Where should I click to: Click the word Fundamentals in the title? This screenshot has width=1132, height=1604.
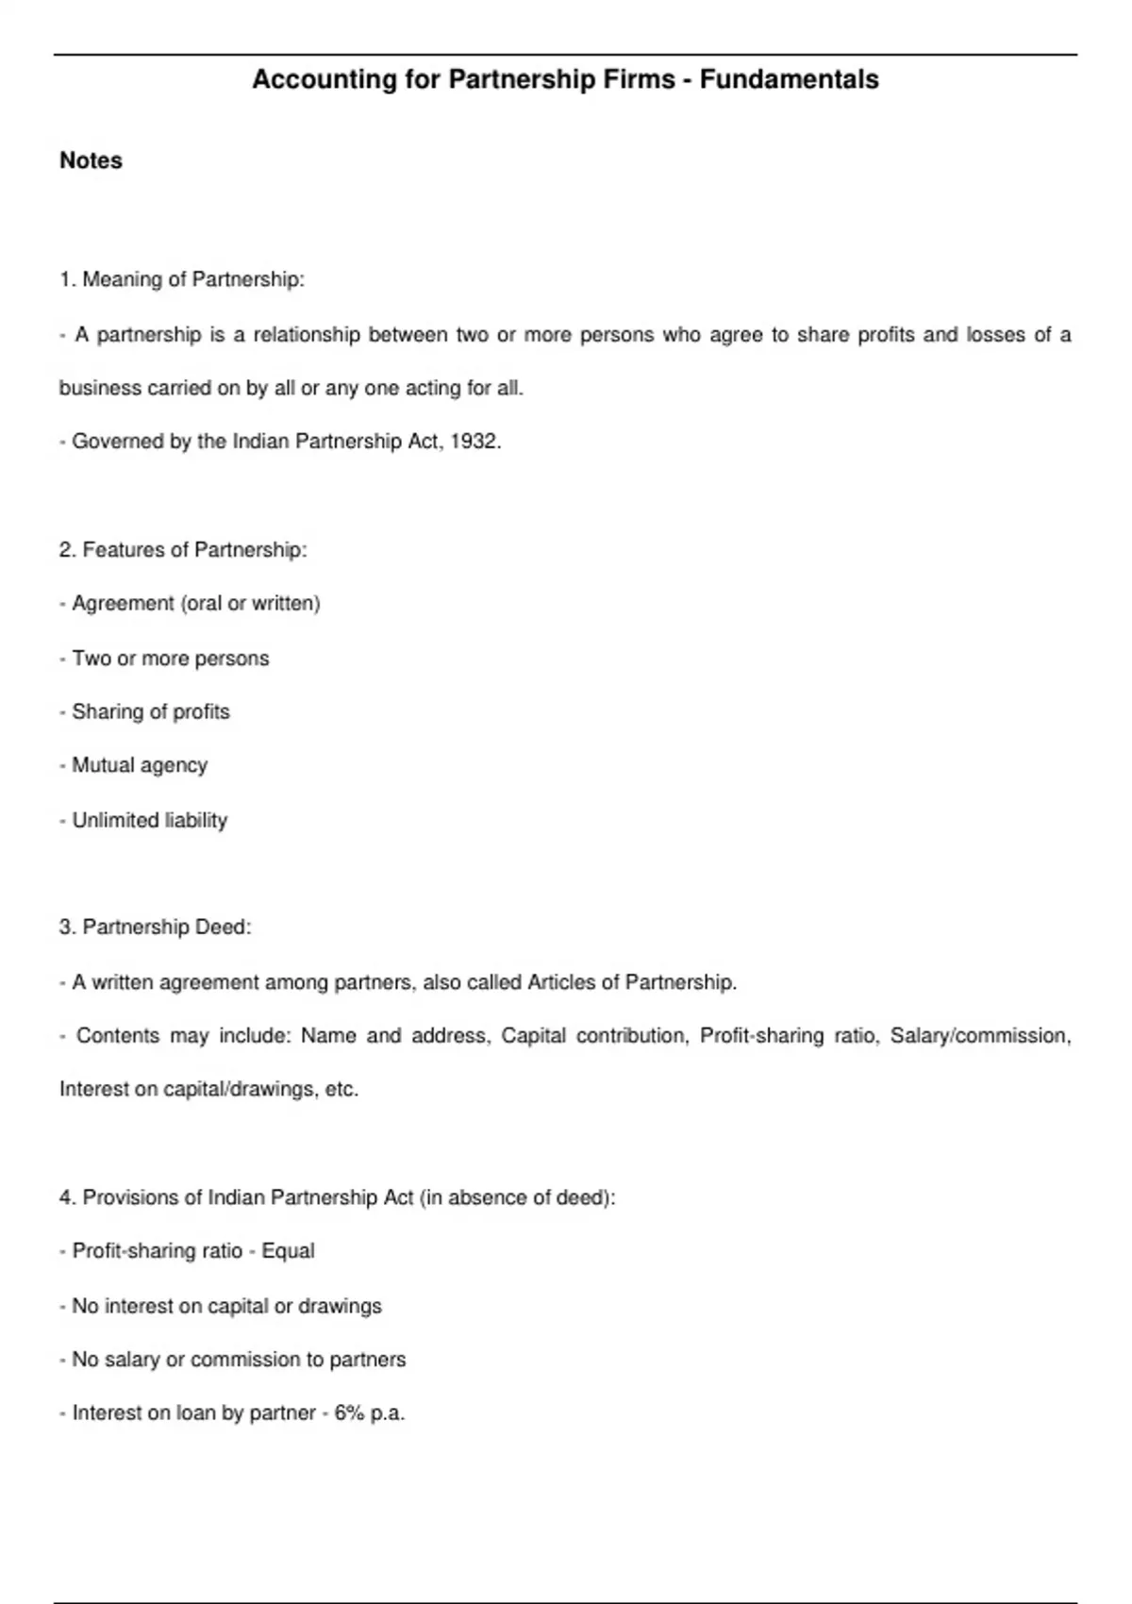click(789, 80)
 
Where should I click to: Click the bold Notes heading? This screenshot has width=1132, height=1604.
click(91, 160)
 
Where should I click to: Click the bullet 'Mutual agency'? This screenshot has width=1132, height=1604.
click(140, 765)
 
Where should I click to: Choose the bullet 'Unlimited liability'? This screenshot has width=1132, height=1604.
click(149, 820)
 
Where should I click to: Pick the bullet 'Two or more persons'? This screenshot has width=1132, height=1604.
click(170, 659)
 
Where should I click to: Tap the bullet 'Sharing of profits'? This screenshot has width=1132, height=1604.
click(151, 711)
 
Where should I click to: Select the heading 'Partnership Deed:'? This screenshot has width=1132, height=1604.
click(167, 927)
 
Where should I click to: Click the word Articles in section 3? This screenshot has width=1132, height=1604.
click(561, 982)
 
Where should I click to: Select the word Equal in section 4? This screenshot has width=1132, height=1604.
click(288, 1251)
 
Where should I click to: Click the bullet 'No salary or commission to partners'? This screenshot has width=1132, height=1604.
click(239, 1360)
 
